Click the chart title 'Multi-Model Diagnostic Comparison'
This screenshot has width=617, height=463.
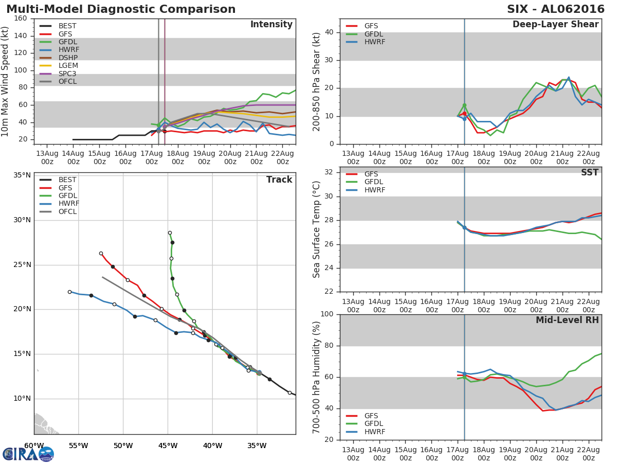pos(121,9)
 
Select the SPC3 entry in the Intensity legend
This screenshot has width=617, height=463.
pos(68,74)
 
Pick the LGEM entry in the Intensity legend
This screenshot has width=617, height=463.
pos(68,66)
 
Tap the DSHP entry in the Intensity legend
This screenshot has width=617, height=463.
pos(68,58)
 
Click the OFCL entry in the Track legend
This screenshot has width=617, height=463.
pos(67,212)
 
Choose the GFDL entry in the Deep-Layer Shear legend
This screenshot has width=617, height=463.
pos(374,34)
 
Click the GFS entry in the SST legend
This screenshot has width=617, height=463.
pos(371,174)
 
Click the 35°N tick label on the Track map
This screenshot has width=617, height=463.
pos(22,175)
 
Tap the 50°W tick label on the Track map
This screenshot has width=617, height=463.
pos(123,446)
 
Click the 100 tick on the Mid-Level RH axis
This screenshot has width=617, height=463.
pos(327,314)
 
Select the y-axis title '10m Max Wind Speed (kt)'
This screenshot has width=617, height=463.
pos(6,81)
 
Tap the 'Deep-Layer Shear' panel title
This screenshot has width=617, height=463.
pos(555,25)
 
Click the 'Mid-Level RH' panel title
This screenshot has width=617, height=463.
pos(567,320)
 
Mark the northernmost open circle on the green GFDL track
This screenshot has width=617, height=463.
pos(170,233)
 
